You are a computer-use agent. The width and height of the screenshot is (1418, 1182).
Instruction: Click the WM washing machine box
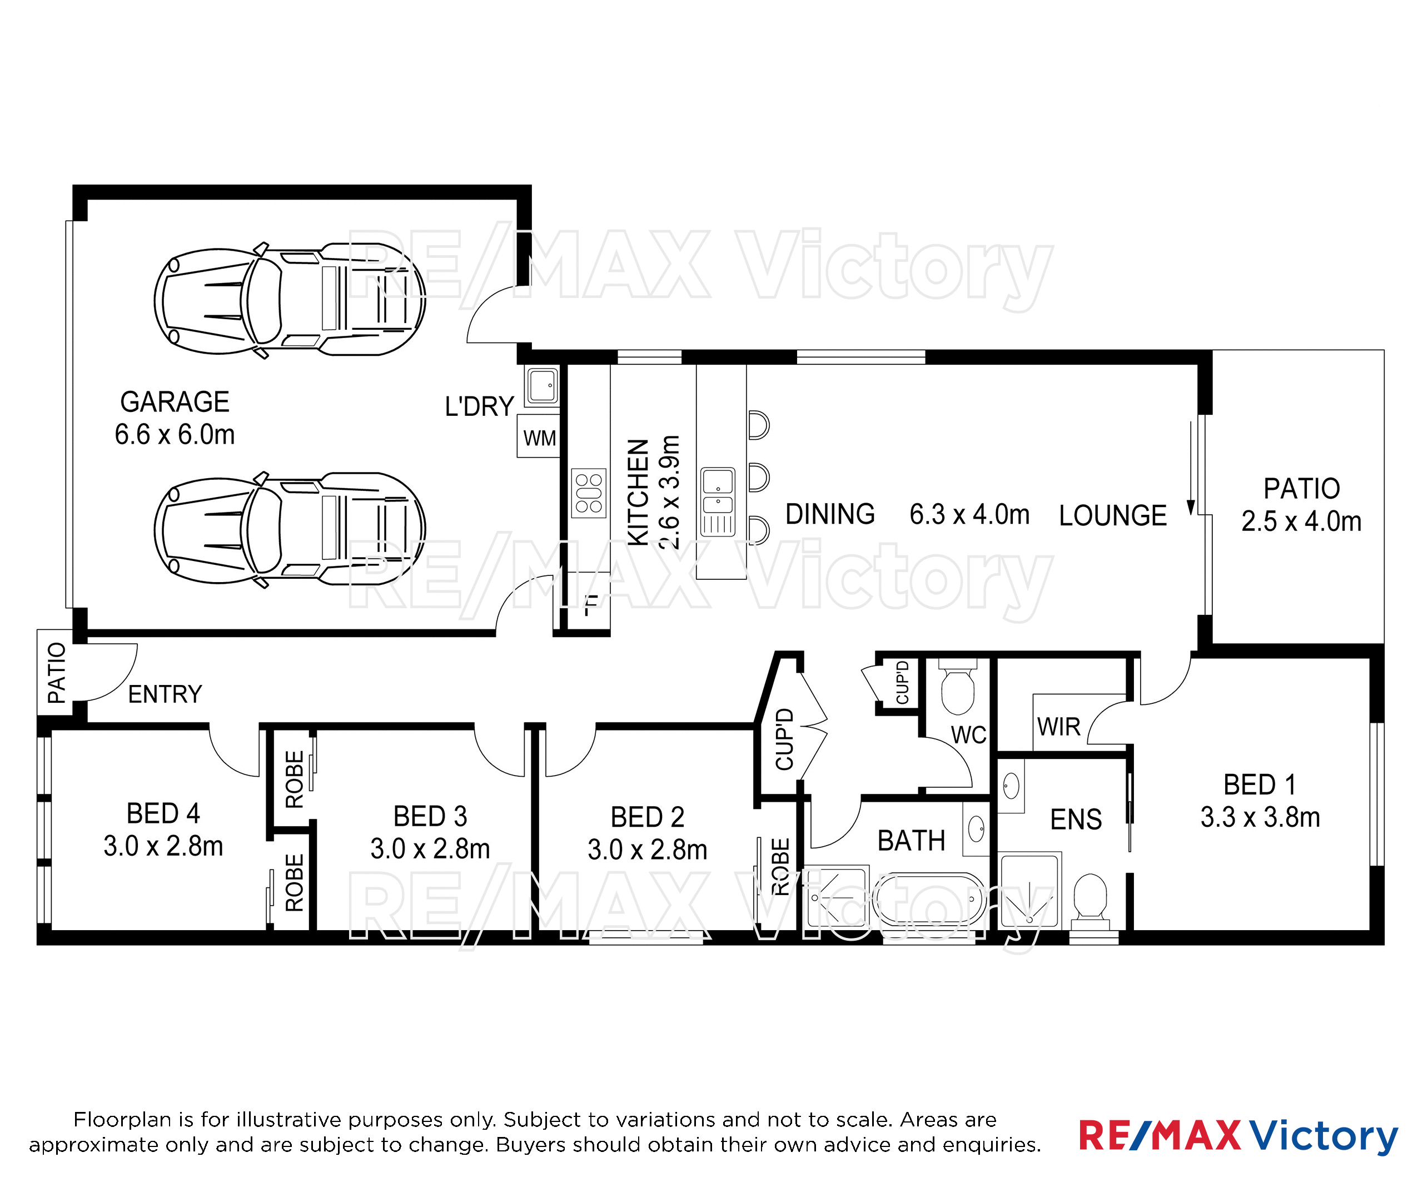(539, 436)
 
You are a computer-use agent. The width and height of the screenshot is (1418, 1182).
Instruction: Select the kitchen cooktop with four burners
(588, 493)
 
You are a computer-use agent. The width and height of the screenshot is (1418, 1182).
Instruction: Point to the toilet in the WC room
(958, 686)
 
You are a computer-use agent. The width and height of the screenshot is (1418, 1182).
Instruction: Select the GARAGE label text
(175, 402)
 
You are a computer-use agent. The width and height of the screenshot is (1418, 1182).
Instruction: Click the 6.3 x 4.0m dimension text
(969, 515)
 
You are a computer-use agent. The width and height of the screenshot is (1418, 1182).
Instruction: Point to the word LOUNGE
(1113, 516)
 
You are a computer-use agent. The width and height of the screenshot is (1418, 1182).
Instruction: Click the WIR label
(1059, 727)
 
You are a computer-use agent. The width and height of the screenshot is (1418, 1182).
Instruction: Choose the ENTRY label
(166, 694)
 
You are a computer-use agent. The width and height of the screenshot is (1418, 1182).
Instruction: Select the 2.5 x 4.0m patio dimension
(1301, 522)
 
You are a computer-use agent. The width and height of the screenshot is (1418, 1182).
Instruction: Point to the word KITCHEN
(638, 493)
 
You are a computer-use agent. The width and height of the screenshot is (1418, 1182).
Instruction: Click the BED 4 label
(163, 814)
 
